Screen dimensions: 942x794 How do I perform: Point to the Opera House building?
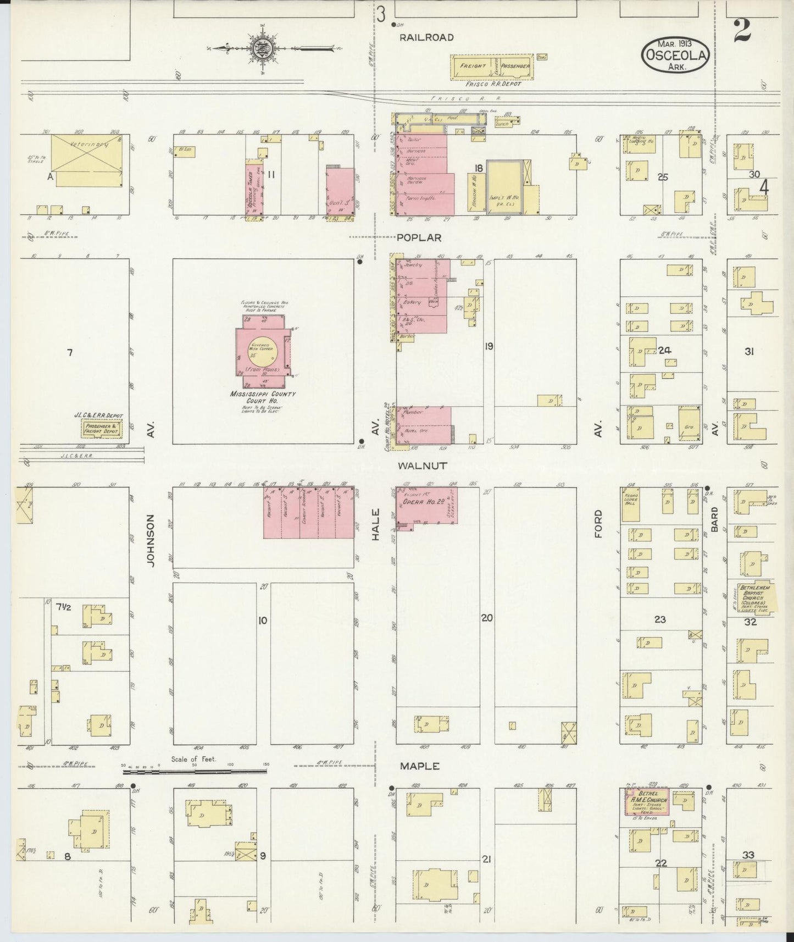[426, 505]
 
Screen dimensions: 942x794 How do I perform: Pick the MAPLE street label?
[419, 766]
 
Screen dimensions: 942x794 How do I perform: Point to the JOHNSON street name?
[151, 540]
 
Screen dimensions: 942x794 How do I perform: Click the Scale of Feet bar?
[195, 772]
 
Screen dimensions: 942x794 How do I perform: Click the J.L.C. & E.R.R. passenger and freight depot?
[103, 426]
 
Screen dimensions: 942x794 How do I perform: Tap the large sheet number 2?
[741, 30]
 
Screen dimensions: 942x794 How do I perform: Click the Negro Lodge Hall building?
[631, 504]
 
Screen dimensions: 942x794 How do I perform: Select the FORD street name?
[598, 524]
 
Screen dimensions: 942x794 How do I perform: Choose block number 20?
[487, 618]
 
